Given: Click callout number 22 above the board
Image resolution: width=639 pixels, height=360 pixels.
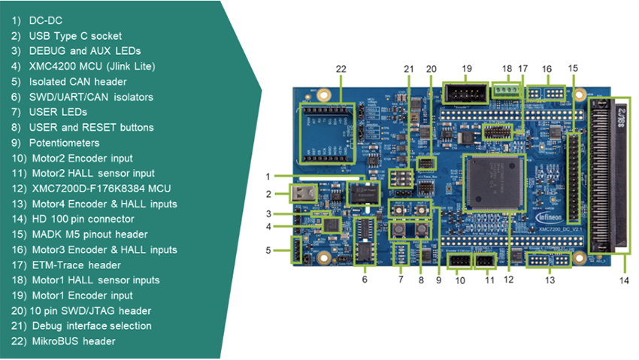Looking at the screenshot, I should pos(341,69).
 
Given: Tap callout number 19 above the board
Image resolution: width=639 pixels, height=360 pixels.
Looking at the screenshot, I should pos(466,68).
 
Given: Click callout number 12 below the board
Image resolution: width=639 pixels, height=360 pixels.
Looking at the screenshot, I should pos(509,280).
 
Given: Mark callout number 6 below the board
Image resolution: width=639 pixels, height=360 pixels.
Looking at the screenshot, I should pos(365,280).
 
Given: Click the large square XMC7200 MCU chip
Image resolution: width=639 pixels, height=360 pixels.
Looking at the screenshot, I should pos(492,183).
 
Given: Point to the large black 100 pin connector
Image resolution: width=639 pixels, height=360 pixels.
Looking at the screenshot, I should pos(608,174).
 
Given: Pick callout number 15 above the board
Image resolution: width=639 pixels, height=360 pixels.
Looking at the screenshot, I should pos(573,68).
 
